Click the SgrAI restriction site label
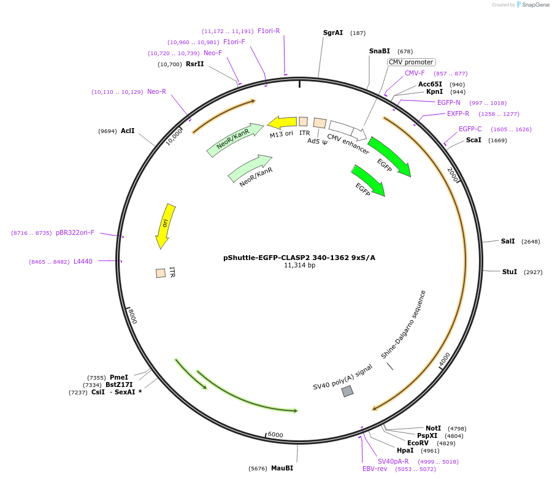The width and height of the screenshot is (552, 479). [x=333, y=33]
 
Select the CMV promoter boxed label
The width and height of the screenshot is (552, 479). [x=411, y=62]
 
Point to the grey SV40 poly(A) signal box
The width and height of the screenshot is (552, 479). [x=348, y=391]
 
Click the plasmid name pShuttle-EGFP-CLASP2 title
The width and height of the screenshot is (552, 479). [x=299, y=258]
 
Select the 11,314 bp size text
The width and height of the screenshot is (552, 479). [x=299, y=266]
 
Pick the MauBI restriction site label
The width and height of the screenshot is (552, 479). [x=282, y=468]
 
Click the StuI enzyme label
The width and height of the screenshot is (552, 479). [x=510, y=272]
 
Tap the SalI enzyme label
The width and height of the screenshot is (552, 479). [x=508, y=242]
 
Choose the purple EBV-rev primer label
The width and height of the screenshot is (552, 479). [x=375, y=469]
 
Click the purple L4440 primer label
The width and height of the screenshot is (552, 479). [x=83, y=261]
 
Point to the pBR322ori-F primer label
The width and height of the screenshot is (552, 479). [x=75, y=232]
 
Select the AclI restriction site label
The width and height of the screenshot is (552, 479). [x=128, y=131]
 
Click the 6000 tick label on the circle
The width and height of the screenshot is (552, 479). [x=275, y=435]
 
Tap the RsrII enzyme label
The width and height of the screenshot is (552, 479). [x=195, y=64]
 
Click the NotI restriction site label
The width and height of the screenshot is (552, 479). [x=433, y=428]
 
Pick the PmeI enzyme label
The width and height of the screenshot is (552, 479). [x=119, y=377]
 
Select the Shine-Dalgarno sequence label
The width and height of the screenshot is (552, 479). [x=403, y=324]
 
